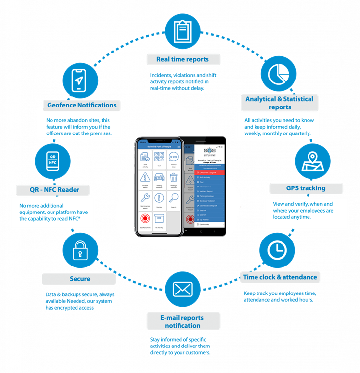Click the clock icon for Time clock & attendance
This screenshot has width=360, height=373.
pyautogui.click(x=277, y=250)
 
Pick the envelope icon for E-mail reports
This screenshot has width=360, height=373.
pyautogui.click(x=182, y=289)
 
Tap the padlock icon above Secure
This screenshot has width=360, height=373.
pyautogui.click(x=79, y=251)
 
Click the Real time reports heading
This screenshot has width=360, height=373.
pyautogui.click(x=183, y=59)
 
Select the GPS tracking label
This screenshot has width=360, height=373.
pyautogui.click(x=306, y=188)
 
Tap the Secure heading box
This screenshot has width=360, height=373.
pyautogui.click(x=79, y=279)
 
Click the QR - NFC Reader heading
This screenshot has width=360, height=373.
pyautogui.click(x=54, y=190)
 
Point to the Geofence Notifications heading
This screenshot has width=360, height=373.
pyautogui.click(x=82, y=105)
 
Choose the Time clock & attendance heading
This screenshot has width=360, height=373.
pyautogui.click(x=280, y=277)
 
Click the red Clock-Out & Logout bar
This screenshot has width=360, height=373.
pyautogui.click(x=210, y=172)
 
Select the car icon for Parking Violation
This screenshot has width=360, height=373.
pyautogui.click(x=159, y=177)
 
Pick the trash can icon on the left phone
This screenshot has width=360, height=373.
pyautogui.click(x=174, y=177)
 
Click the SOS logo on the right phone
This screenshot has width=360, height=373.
pyautogui.click(x=209, y=152)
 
